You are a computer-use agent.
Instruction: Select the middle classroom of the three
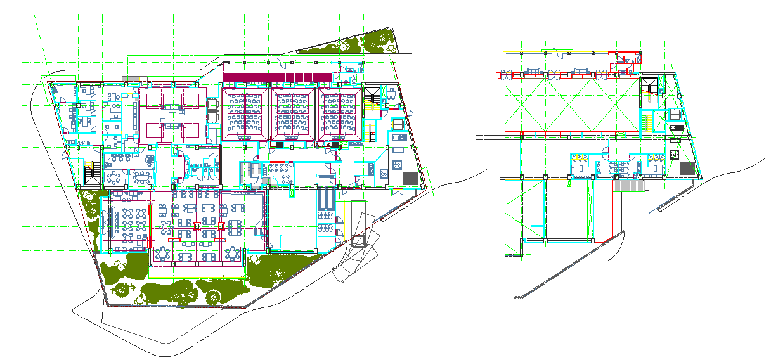tap(292, 114)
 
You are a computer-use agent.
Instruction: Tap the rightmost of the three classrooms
tap(339, 114)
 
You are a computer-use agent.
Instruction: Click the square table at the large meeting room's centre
tap(172, 116)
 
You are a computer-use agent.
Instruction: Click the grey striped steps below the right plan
tap(630, 186)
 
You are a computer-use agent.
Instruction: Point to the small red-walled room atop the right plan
tap(625, 61)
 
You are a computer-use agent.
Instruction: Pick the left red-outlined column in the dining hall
tap(197, 225)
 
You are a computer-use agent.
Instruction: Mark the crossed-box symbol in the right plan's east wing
tap(674, 155)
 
